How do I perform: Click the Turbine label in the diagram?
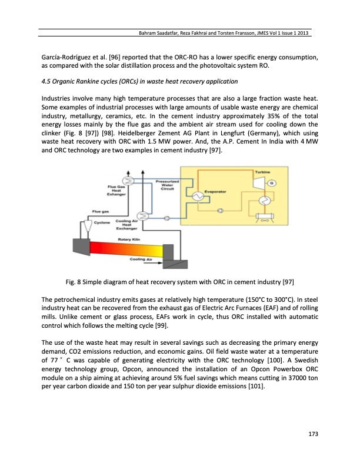262,171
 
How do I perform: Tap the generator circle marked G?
272,184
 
